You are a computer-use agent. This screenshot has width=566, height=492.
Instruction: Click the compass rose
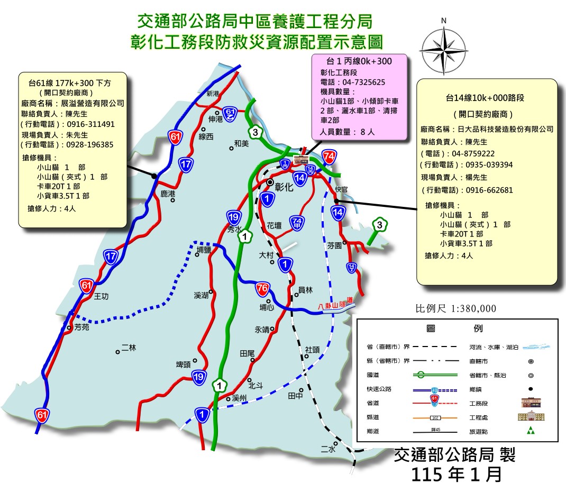click(x=444, y=47)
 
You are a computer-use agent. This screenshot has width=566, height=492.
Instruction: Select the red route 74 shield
click(x=329, y=157)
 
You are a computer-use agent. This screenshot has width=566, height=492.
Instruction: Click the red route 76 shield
click(x=262, y=288)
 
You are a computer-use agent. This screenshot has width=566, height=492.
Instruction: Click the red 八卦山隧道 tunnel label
click(x=335, y=304)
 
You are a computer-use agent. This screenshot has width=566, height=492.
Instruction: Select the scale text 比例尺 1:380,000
click(x=456, y=309)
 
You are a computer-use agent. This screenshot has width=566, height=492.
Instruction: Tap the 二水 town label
click(x=328, y=449)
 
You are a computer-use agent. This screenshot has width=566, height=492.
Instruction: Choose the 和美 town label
click(x=241, y=143)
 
